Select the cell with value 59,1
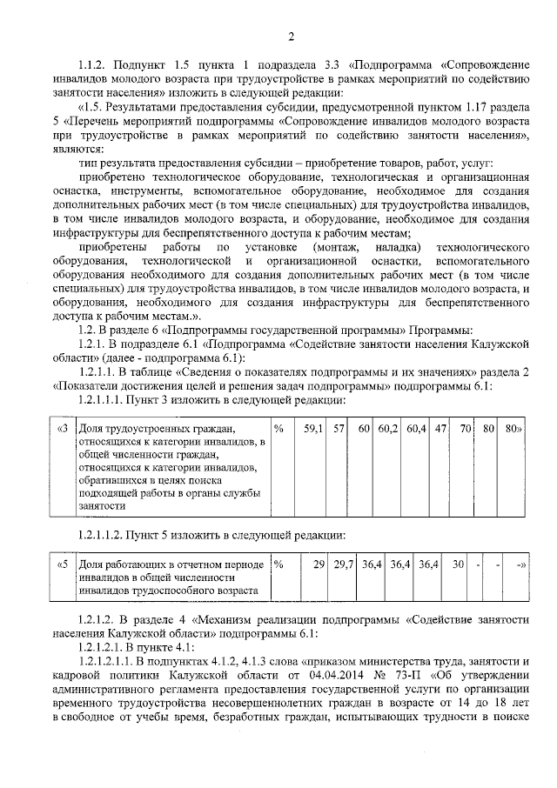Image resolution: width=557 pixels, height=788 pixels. [312, 429]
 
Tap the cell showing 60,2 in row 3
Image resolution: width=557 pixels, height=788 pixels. [387, 429]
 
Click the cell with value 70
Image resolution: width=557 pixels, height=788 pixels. [466, 429]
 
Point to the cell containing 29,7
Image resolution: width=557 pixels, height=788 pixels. [345, 565]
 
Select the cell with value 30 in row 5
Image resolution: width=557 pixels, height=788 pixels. [458, 565]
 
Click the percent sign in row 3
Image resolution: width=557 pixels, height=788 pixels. [278, 429]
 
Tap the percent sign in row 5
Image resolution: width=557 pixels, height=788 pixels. [278, 565]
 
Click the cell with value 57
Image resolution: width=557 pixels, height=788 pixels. [339, 429]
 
